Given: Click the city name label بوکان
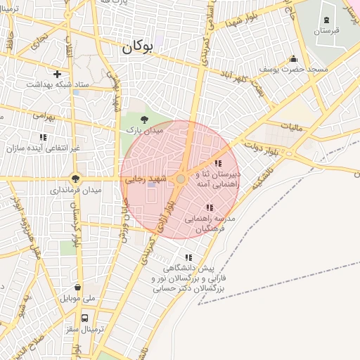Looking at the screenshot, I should click(x=136, y=48).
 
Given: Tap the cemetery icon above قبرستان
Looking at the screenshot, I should click(x=326, y=19).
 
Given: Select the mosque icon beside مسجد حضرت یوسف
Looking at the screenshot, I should click(x=292, y=59).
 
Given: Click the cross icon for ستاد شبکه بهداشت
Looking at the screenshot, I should click(x=57, y=74).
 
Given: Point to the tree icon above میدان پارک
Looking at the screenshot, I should click(x=144, y=120).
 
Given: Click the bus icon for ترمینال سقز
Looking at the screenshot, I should click(x=85, y=318).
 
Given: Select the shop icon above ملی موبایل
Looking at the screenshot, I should click(x=77, y=287).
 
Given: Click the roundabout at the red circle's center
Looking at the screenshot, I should click(x=181, y=180).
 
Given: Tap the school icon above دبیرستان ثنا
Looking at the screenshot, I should click(x=217, y=163).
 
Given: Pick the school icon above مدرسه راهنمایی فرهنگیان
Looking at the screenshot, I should click(x=209, y=207).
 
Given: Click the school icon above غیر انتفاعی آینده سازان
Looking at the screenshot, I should click(x=42, y=138).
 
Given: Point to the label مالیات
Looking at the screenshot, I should click(x=290, y=127).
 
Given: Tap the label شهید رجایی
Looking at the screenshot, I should click(x=144, y=180).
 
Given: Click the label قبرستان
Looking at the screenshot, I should click(x=326, y=31).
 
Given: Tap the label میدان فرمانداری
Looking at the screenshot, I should click(x=75, y=190).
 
